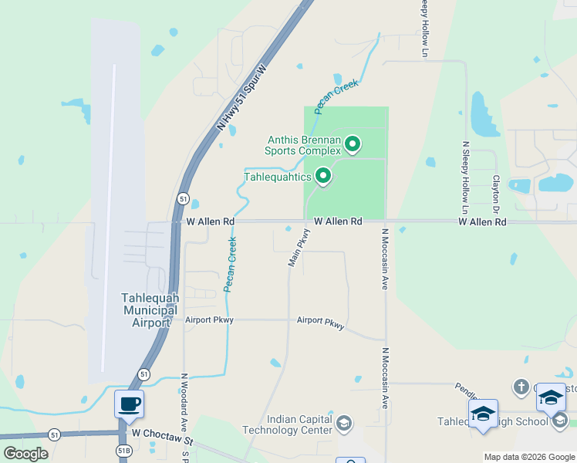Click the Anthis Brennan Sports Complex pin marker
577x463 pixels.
tap(353, 144)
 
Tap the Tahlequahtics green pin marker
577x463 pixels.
tap(324, 177)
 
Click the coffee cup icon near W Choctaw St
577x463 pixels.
tap(129, 403)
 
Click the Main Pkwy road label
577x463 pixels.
tap(299, 248)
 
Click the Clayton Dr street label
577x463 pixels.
tap(496, 193)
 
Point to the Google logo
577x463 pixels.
tap(26, 454)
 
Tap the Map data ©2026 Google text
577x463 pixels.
tap(529, 457)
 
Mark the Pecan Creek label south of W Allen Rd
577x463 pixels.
tap(230, 265)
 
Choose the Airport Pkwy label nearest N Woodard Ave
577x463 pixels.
tap(209, 319)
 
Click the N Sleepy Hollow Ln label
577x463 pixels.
tap(465, 177)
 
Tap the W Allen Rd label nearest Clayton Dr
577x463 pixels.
tap(482, 221)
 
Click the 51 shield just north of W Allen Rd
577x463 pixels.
tap(183, 198)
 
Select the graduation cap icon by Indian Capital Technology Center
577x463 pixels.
tap(344, 424)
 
